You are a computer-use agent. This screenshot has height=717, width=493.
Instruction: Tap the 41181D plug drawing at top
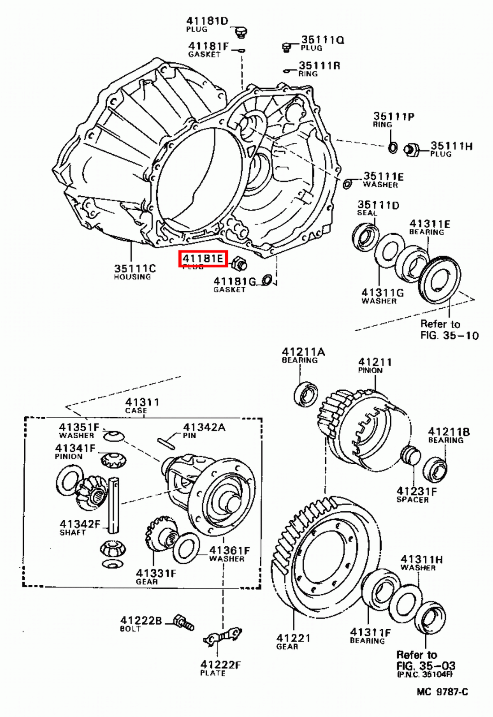241,32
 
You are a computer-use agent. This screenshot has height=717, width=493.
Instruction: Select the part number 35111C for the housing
135,268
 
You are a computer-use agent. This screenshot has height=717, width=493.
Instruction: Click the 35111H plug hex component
411,150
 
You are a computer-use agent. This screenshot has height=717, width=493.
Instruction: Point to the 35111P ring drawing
392,147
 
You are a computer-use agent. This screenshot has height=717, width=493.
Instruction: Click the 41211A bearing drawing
307,395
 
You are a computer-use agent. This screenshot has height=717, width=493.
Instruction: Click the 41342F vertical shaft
113,505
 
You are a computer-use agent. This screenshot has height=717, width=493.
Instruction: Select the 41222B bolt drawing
184,622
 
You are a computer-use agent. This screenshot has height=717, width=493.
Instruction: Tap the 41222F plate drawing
222,637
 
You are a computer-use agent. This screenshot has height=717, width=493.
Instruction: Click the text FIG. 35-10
449,335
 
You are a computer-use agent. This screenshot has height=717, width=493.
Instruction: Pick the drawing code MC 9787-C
442,691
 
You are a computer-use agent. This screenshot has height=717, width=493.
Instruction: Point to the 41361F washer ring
186,548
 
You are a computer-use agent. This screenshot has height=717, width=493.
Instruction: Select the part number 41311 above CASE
142,402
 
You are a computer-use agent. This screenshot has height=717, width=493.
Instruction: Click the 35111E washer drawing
347,184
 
